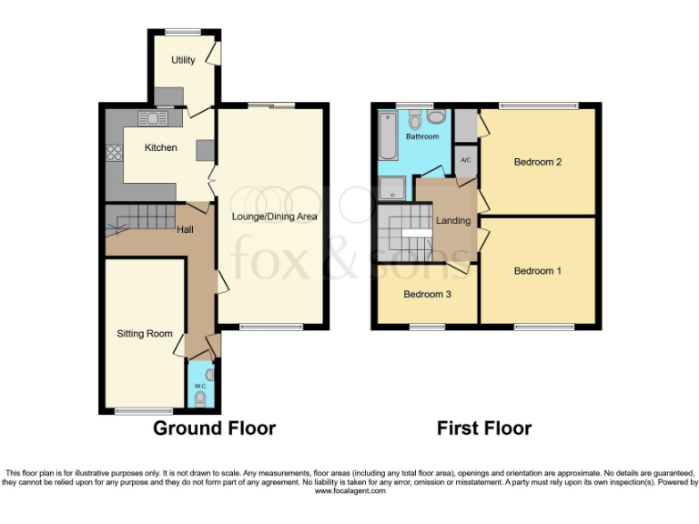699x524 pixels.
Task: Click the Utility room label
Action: pos(183,60)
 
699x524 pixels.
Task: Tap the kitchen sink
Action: pos(154,117)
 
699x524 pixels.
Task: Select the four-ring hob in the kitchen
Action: pos(116,154)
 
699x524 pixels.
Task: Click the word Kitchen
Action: pos(160,147)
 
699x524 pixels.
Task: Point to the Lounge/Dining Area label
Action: pos(268,217)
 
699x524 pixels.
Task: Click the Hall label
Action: pos(185,229)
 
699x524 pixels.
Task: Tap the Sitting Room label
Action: pos(145,334)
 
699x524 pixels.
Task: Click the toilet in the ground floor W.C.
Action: pos(200,398)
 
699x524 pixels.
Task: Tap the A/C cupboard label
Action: pos(465,161)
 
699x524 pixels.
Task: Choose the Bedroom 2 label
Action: pos(537,163)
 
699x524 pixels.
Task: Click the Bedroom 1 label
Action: pos(537,271)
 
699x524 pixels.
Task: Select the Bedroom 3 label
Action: pos(427,295)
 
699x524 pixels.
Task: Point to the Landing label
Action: pos(453,221)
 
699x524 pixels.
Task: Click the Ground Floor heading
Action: pos(214,428)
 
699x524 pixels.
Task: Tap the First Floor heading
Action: pos(484,428)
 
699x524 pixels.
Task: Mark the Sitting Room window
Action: pos(144,411)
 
